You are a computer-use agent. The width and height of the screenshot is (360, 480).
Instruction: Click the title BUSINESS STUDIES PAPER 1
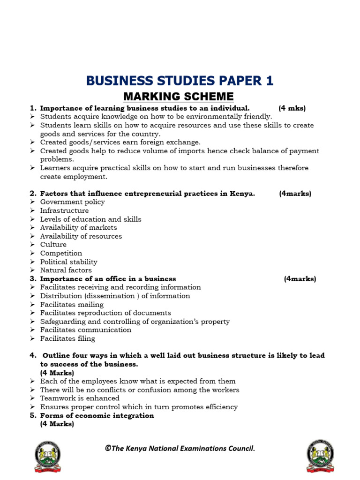(180, 81)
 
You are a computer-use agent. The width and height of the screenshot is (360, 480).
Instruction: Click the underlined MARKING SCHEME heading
(178, 97)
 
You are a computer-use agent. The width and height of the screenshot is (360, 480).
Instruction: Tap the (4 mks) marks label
(292, 108)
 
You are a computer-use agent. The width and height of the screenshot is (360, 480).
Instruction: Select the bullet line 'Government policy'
(72, 202)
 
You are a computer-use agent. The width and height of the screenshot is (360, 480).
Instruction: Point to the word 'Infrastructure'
(64, 210)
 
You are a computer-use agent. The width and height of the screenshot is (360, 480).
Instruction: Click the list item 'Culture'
(53, 245)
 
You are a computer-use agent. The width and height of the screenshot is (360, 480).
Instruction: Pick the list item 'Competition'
(61, 253)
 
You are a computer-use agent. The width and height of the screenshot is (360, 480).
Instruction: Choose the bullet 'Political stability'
(68, 262)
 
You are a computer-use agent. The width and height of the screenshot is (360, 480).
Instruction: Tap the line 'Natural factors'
(66, 270)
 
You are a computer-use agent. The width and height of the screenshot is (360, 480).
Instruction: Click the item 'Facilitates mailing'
(72, 304)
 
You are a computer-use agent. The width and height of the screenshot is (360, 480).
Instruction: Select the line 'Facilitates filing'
(67, 338)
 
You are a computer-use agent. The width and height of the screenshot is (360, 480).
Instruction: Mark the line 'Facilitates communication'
(85, 330)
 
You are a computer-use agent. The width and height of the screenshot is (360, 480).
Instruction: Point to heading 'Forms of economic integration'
(97, 416)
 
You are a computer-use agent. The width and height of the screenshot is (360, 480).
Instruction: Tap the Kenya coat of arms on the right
(320, 456)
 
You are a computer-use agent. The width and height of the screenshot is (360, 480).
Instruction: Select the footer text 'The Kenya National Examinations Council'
(180, 449)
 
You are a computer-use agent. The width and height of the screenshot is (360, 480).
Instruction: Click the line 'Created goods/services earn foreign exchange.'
(120, 142)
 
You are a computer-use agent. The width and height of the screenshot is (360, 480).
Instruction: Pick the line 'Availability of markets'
(78, 228)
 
